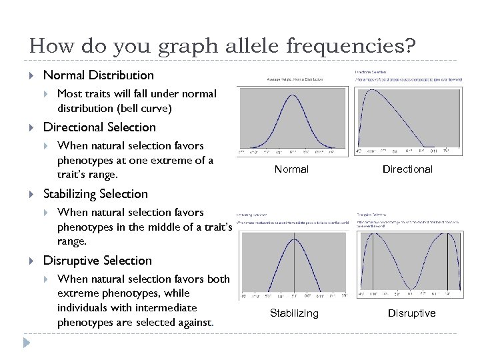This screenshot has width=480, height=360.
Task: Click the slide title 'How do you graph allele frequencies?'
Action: point(222,46)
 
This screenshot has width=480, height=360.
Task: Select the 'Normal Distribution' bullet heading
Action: point(98,75)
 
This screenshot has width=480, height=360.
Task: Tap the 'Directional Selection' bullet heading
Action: point(99,127)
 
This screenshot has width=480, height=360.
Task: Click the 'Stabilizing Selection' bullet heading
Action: point(95,194)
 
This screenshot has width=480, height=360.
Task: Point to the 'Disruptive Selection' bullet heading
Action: point(97,261)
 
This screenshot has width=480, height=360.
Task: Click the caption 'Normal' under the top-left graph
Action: point(291,169)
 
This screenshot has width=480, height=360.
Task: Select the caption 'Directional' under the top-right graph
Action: point(407,169)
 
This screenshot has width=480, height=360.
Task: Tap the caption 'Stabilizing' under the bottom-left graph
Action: point(294,313)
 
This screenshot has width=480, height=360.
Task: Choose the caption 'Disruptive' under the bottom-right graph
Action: point(411,313)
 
